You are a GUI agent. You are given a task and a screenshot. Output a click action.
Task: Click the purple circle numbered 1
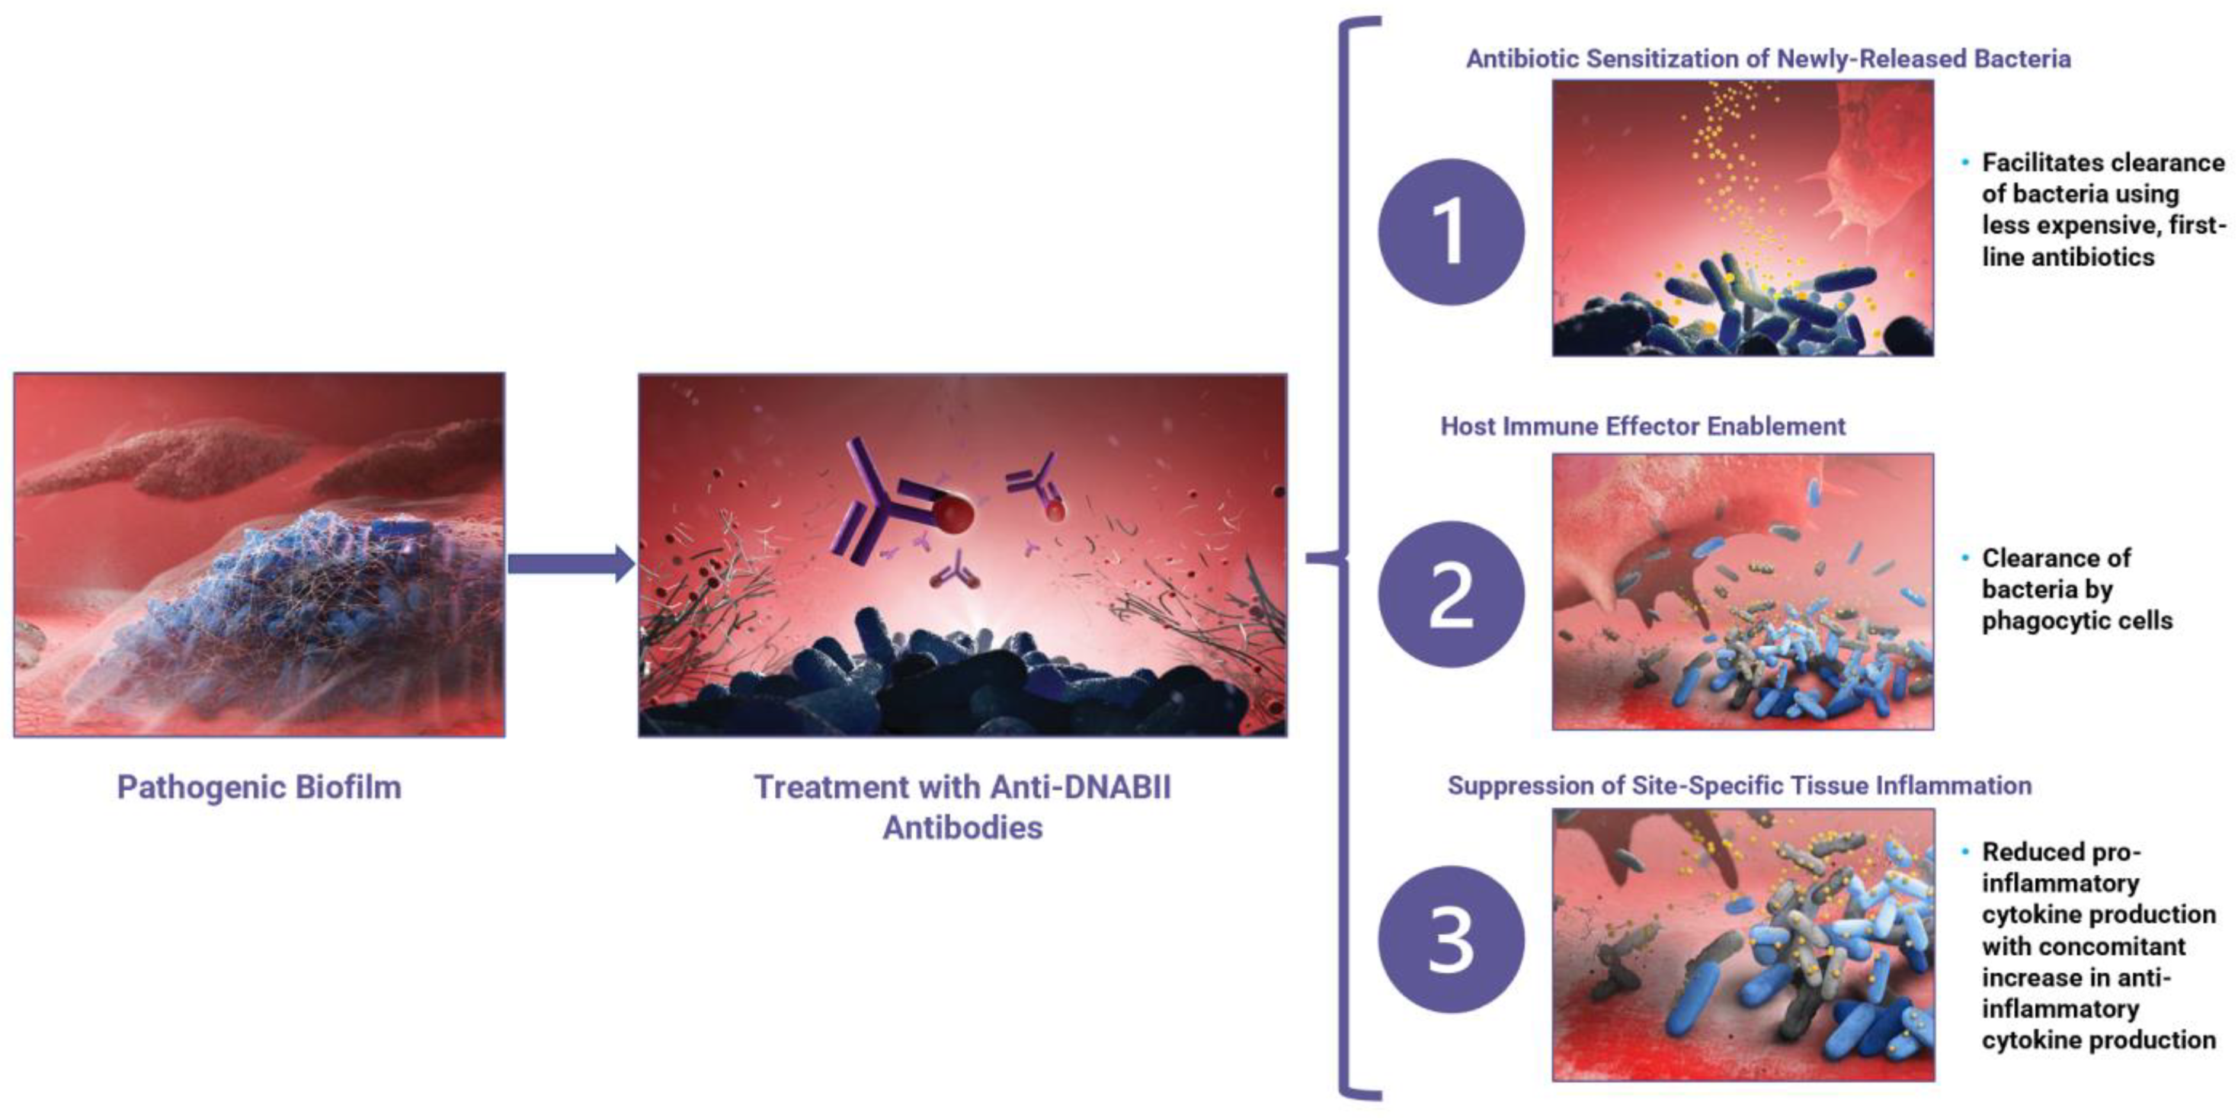(x=1450, y=231)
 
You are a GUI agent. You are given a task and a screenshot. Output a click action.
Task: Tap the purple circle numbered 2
(x=1450, y=594)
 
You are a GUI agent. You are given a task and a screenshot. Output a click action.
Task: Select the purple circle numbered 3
(x=1450, y=939)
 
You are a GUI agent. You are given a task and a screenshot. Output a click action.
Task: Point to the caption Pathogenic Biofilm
(x=259, y=787)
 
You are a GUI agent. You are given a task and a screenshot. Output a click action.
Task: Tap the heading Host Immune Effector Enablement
(x=1642, y=426)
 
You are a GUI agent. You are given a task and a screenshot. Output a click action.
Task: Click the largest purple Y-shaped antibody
(x=878, y=499)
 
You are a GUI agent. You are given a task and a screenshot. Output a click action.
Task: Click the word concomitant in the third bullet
(x=2083, y=945)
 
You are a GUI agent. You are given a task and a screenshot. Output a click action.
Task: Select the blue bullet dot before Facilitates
(x=1964, y=162)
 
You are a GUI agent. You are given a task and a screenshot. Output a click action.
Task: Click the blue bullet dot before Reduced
(x=1964, y=851)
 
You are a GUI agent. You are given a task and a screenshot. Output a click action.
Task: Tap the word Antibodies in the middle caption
(x=962, y=827)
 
